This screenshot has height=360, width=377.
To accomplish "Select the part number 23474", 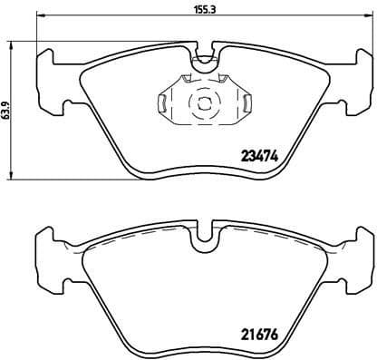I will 257,156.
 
